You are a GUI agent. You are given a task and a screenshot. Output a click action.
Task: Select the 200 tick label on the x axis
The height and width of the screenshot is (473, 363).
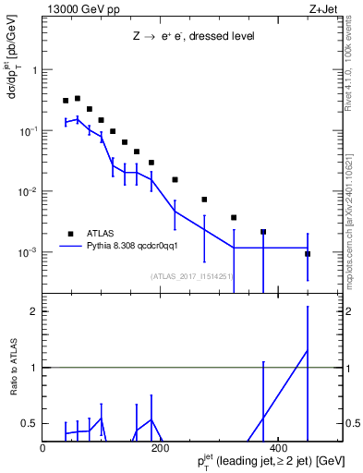pyautogui.click(x=160, y=448)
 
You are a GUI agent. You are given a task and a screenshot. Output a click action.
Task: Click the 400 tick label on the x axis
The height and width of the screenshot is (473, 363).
pyautogui.click(x=277, y=448)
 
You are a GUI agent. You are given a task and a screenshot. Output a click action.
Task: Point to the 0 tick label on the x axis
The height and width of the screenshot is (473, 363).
pyautogui.click(x=43, y=448)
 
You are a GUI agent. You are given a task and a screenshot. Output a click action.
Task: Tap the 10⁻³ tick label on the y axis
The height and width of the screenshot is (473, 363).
pyautogui.click(x=29, y=252)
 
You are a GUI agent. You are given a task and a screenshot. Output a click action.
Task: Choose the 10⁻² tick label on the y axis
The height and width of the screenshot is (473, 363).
pyautogui.click(x=29, y=191)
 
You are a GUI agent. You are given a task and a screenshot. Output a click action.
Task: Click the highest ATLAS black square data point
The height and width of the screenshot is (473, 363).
pyautogui.click(x=78, y=98)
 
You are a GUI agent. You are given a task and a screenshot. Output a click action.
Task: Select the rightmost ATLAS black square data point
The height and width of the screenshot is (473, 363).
pyautogui.click(x=308, y=254)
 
